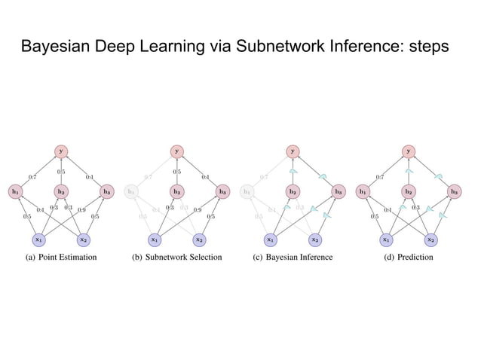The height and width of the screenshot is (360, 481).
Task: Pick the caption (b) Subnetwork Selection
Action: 177,258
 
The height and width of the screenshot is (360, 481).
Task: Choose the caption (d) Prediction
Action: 408,258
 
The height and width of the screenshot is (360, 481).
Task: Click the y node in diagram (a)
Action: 61,151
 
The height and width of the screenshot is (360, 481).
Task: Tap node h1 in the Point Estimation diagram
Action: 15,191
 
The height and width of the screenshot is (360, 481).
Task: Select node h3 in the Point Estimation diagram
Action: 106,191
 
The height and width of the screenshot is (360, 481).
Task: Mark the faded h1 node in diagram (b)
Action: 131,191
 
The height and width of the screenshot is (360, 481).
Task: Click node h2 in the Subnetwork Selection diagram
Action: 177,191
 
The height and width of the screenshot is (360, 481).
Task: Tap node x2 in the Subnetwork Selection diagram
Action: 199,239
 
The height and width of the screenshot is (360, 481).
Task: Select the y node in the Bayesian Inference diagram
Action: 293,151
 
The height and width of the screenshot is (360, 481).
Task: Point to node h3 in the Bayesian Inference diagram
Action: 338,191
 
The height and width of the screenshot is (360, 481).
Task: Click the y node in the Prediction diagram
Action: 408,151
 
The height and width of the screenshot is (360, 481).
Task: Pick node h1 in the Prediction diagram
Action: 363,191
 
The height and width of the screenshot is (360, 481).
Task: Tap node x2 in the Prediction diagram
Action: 430,239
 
